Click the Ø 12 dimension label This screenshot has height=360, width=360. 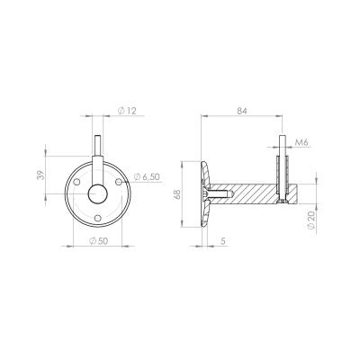pos(127,111)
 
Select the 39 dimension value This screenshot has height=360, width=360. pos(40,175)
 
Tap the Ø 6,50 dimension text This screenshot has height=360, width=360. pos(147,177)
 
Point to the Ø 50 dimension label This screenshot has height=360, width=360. pos(99,241)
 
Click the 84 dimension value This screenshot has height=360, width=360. pos(242,111)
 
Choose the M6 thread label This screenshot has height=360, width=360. pos(301,143)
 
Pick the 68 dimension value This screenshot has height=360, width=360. pos(176,194)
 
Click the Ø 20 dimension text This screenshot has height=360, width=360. pos(311,220)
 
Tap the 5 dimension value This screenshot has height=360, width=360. pos(222,241)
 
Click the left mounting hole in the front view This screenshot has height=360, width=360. pos(76,182)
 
